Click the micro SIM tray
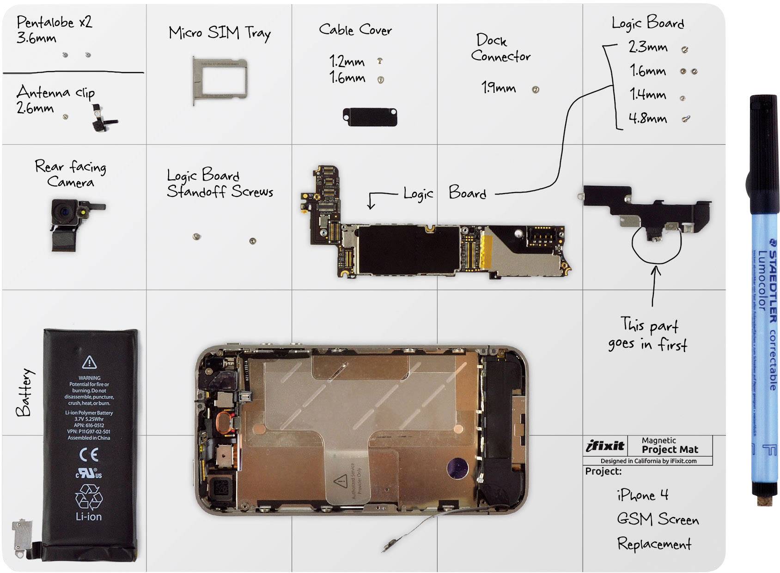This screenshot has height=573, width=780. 219,79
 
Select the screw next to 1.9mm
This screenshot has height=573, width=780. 536,90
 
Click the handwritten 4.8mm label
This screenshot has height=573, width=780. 648,118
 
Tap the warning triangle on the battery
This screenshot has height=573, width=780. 89,362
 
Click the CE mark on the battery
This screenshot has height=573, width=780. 89,455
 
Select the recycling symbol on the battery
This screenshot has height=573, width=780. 89,497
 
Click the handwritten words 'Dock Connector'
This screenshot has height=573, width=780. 500,48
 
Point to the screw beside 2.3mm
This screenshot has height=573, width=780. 685,49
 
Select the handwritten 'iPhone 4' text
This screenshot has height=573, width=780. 643,495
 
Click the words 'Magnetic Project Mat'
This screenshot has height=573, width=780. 670,445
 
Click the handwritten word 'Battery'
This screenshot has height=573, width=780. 24,392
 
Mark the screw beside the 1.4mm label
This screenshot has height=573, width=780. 682,98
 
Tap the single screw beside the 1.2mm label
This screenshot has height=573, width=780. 380,61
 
